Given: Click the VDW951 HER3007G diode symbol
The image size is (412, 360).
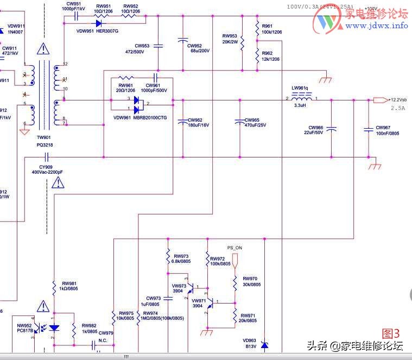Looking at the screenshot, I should [x=100, y=23].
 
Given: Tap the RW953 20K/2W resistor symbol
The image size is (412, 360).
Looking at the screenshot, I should [x=242, y=41].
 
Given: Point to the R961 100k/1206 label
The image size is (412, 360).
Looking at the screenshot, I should [x=271, y=29].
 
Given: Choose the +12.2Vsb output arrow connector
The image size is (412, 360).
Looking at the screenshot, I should [x=381, y=100].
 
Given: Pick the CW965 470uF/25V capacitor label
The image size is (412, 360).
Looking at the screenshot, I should [x=252, y=123].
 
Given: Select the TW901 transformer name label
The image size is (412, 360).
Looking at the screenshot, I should [x=43, y=138].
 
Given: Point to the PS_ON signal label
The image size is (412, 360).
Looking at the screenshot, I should [x=234, y=248].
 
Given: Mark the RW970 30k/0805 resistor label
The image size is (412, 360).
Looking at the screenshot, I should [x=251, y=281].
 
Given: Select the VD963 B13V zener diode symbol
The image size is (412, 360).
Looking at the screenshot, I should [x=264, y=345].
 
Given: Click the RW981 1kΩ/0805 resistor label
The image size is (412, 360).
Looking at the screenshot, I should [x=69, y=286].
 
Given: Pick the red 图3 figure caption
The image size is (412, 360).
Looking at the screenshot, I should [x=390, y=333].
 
